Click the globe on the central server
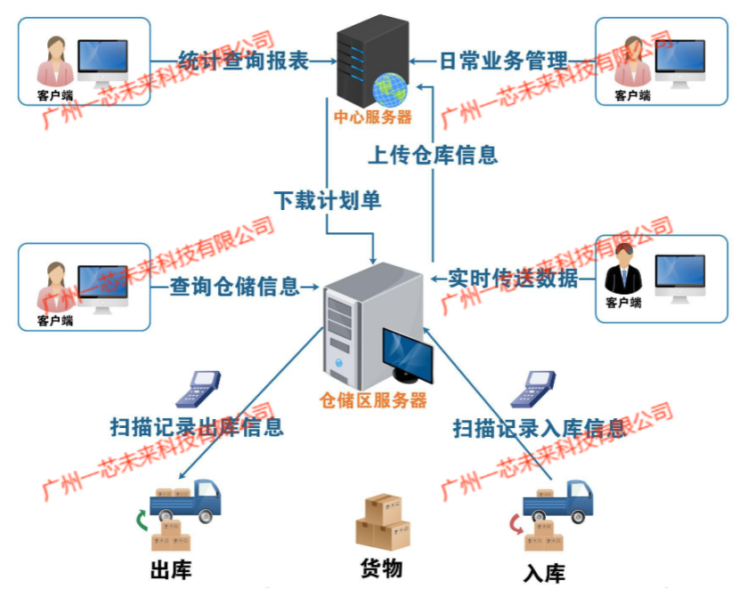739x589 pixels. click(390, 90)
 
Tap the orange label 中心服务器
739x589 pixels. click(373, 117)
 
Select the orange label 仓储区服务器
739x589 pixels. click(373, 400)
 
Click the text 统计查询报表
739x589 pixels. click(244, 61)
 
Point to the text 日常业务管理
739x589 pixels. click(503, 61)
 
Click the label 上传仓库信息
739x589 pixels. click(433, 155)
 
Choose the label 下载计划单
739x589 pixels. click(328, 200)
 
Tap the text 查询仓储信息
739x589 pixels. click(234, 286)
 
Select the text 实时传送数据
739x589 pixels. click(513, 278)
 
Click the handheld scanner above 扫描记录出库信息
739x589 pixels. click(198, 390)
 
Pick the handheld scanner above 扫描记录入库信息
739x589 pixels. click(533, 390)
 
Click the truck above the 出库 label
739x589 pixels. click(185, 502)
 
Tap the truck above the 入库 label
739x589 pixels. click(558, 502)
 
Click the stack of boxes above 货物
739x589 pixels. click(383, 522)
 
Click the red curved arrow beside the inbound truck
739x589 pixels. click(516, 525)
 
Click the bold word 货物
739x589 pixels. click(382, 569)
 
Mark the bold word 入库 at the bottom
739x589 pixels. click(544, 573)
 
